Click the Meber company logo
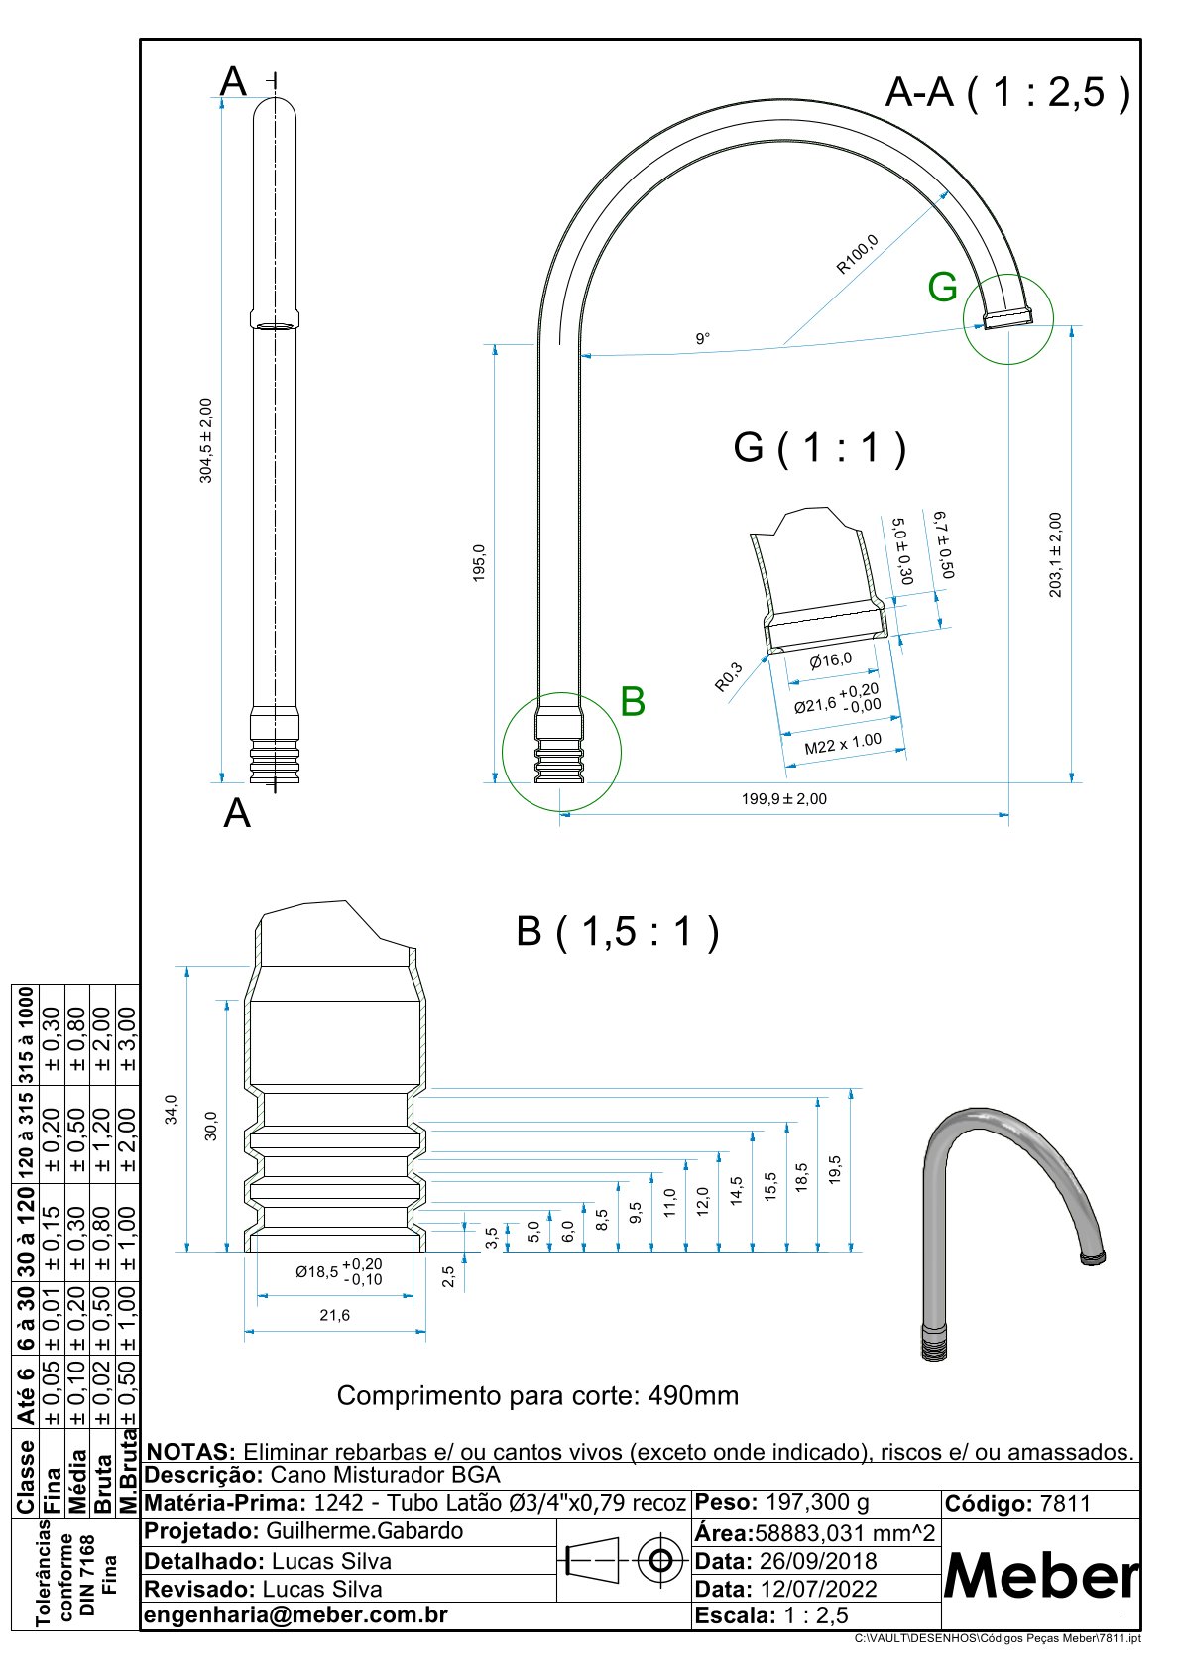tap(1040, 1575)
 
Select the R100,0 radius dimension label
tap(857, 254)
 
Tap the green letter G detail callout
tap(942, 287)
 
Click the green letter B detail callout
tap(632, 701)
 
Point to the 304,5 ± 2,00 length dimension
tap(206, 440)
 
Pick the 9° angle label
tap(702, 339)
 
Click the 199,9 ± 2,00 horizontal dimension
tap(783, 799)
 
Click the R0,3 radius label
tap(728, 676)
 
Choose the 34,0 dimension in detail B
tap(172, 1109)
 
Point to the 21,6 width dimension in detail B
tap(334, 1315)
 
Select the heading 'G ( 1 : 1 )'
tap(819, 448)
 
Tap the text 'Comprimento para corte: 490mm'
tap(537, 1396)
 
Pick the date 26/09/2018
tap(818, 1561)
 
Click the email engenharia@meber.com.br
tap(295, 1614)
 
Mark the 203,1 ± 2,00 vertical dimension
tap(1055, 554)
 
